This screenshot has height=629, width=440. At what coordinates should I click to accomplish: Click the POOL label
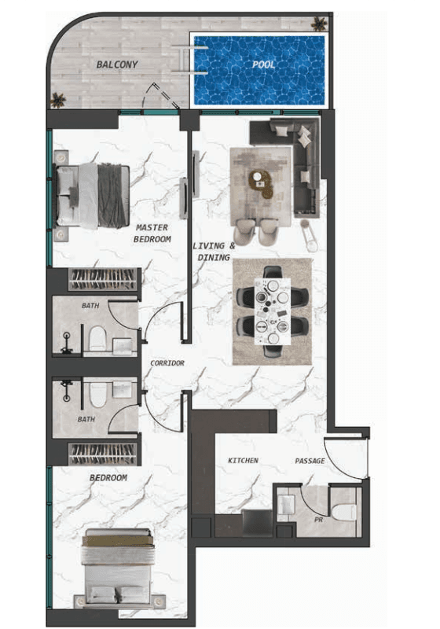[x=263, y=64]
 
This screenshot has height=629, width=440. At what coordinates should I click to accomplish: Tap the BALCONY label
[x=117, y=64]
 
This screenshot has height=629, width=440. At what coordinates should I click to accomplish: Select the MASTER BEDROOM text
[x=152, y=233]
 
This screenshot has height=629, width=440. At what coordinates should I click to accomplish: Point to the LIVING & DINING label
[x=214, y=252]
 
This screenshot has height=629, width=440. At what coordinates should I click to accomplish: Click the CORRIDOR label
[x=167, y=363]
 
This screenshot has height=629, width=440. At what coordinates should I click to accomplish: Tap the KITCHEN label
[x=244, y=461]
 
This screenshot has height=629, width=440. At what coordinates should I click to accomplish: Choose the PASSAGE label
[x=310, y=461]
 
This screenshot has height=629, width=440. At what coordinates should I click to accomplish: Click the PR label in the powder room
[x=319, y=520]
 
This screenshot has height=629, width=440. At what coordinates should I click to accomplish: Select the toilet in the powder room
[x=343, y=512]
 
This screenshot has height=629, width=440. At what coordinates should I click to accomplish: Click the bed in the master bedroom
[x=92, y=196]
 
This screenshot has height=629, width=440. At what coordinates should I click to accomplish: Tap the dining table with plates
[x=273, y=310]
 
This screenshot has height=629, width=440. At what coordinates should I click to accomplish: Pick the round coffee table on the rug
[x=262, y=184]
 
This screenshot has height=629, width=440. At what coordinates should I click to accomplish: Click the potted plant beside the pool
[x=319, y=24]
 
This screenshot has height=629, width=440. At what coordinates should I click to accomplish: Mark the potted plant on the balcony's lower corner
[x=58, y=100]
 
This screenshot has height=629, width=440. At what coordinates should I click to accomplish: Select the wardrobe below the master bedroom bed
[x=103, y=279]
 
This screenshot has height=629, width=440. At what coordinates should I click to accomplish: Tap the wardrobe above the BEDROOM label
[x=103, y=454]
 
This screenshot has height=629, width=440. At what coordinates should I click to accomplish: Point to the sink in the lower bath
[x=122, y=389]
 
